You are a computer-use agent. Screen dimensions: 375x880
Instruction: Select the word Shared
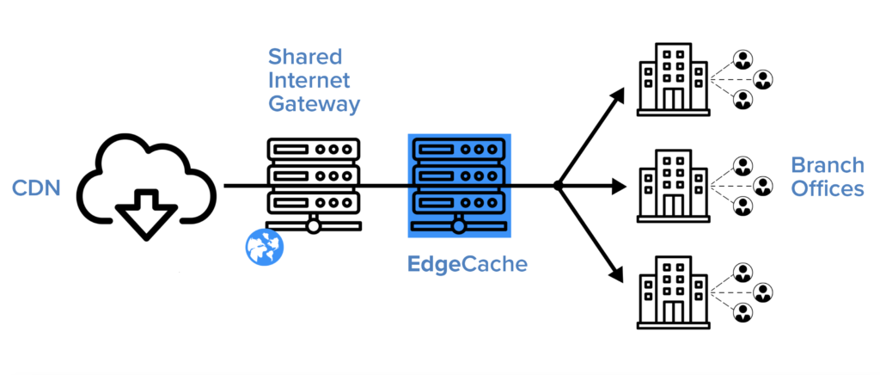click(x=305, y=58)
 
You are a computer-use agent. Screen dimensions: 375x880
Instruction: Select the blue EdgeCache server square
click(x=459, y=185)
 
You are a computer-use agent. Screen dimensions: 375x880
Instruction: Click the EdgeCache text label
click(x=467, y=265)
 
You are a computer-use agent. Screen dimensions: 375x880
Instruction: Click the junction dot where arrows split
click(x=558, y=185)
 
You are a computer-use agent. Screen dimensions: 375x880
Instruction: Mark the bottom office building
click(x=672, y=290)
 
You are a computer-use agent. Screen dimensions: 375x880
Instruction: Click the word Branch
click(x=828, y=164)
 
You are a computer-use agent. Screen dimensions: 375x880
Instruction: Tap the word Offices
click(x=828, y=188)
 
